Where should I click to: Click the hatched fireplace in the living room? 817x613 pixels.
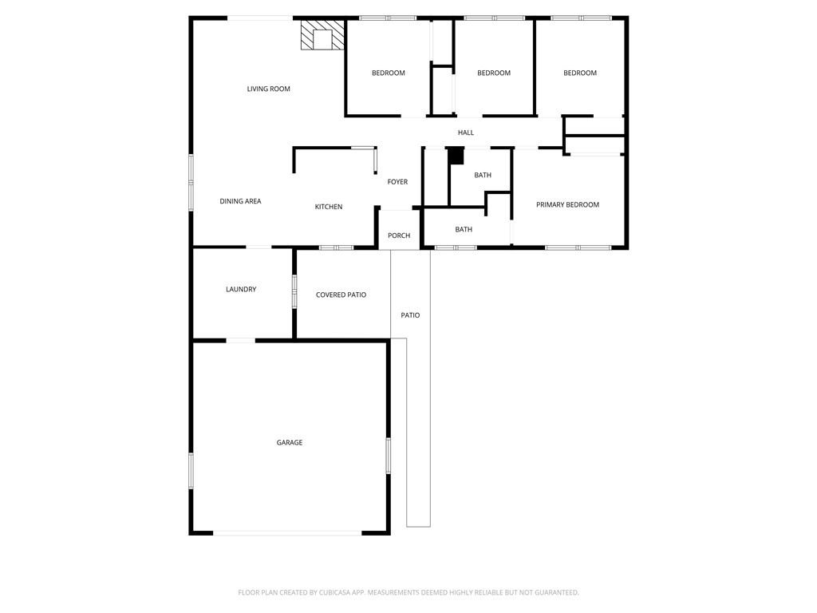click(322, 36)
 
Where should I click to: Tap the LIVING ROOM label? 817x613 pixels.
click(268, 89)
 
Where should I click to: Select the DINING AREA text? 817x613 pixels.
click(240, 201)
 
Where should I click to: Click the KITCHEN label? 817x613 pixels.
click(328, 207)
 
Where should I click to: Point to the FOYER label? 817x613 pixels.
click(397, 182)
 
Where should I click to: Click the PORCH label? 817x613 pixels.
click(399, 235)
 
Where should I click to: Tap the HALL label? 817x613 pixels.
click(466, 132)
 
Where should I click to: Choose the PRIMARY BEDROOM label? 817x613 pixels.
click(567, 205)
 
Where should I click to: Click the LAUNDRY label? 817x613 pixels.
click(241, 289)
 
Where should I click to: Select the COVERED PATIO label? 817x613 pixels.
click(341, 295)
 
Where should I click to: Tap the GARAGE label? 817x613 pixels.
click(290, 442)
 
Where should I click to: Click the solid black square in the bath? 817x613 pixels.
click(456, 156)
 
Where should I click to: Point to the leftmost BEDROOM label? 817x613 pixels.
click(389, 73)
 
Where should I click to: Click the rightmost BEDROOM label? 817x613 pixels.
click(580, 73)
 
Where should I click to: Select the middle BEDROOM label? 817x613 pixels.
click(494, 73)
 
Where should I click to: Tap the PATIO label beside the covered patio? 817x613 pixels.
click(410, 315)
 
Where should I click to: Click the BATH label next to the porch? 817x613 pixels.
click(464, 229)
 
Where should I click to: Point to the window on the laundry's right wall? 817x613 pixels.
click(294, 291)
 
